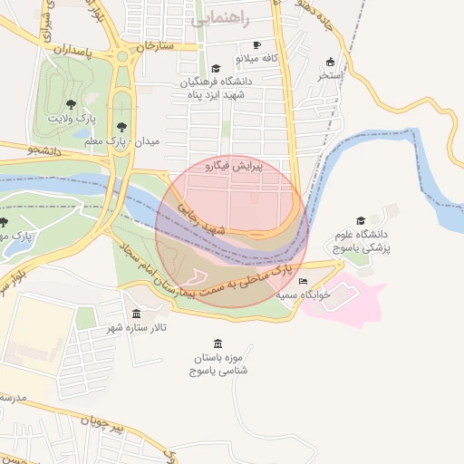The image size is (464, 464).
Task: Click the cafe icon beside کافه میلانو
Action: pos(257,44)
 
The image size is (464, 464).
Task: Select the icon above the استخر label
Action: pos(331,63)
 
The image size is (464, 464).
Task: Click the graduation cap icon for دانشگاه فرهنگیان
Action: pos(216,68)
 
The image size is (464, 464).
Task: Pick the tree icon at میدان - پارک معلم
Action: pos(122,127)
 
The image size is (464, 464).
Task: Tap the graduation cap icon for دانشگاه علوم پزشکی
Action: pos(361,220)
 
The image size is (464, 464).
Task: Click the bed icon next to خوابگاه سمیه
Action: pos(303,282)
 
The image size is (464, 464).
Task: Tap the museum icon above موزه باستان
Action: pos(217,343)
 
